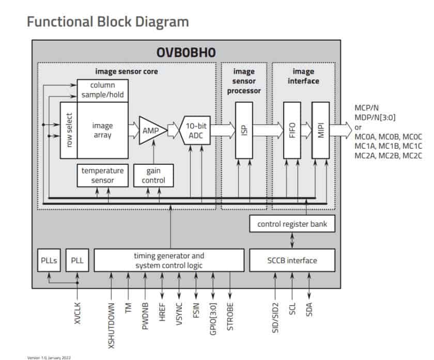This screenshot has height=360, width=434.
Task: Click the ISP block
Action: pyautogui.click(x=243, y=130)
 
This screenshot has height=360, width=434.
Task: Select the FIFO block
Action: pyautogui.click(x=292, y=130)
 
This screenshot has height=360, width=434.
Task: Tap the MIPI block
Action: pyautogui.click(x=320, y=130)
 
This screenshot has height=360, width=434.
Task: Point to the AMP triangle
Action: pyautogui.click(x=151, y=130)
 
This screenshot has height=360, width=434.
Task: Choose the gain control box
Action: pyautogui.click(x=153, y=176)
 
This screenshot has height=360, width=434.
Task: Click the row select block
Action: pyautogui.click(x=69, y=130)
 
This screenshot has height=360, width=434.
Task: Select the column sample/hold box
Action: pyautogui.click(x=102, y=90)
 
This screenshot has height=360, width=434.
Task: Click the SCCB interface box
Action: pyautogui.click(x=292, y=260)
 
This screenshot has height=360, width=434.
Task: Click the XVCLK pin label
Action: pyautogui.click(x=78, y=313)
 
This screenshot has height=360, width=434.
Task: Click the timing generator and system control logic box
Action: pyautogui.click(x=169, y=260)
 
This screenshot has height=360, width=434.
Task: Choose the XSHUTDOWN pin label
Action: pyautogui.click(x=110, y=320)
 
